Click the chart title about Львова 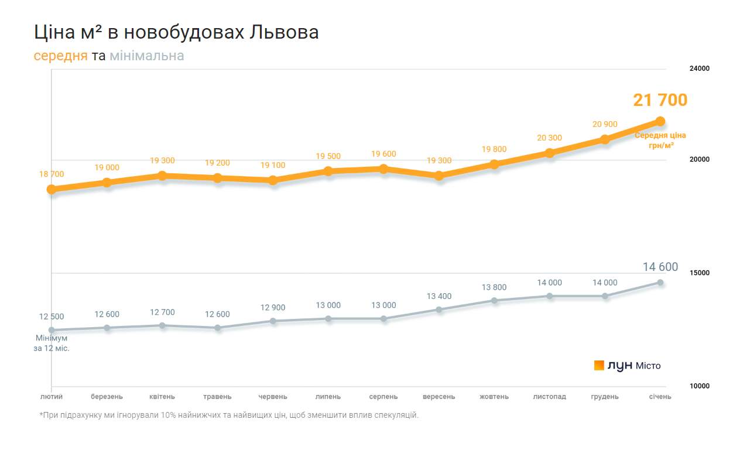pos(176,32)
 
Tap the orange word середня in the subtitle pos(61,56)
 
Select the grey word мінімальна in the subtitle pos(147,56)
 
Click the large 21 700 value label pos(660,100)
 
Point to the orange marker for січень pos(660,121)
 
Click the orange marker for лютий pos(52,189)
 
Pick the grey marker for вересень pos(439,310)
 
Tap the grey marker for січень pos(660,283)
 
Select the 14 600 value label pos(660,267)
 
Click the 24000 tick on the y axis pos(699,68)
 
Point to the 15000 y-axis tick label pos(699,273)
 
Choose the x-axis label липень pos(328,397)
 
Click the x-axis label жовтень pos(494,397)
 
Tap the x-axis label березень pos(107,397)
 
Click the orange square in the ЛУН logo pos(599,365)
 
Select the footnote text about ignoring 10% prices pos(229,415)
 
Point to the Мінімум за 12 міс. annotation pos(52,343)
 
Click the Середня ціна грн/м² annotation pos(660,140)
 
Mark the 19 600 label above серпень pos(383,154)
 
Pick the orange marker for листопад pos(549,153)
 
